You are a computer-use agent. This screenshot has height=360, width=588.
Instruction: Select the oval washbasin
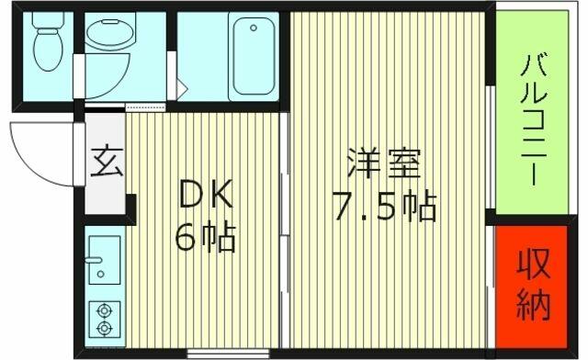coord(110,32)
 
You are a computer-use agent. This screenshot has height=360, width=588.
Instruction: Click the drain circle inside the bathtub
coord(254,28)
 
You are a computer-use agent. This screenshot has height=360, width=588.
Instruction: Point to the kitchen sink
coord(105,260)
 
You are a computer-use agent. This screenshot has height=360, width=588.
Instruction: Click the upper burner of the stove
coord(104,311)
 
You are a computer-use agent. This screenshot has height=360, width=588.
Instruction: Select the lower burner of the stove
coord(104,328)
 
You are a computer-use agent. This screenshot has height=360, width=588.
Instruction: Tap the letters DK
coord(206,194)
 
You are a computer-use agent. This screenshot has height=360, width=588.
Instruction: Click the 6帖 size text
coord(205,237)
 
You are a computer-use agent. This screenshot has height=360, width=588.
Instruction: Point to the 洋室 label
coord(384,163)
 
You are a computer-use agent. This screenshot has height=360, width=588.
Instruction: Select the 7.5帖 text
coord(385,207)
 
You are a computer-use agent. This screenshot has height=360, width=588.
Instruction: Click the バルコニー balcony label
coord(533,119)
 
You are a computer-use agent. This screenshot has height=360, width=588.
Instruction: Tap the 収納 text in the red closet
coord(533,285)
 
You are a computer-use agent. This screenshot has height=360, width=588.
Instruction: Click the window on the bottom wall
coord(228,354)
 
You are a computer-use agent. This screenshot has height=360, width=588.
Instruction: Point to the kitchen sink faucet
coord(94,260)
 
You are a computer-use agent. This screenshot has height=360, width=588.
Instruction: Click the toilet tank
coord(48,19)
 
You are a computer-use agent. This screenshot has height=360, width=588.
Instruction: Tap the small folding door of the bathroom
coord(182,88)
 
